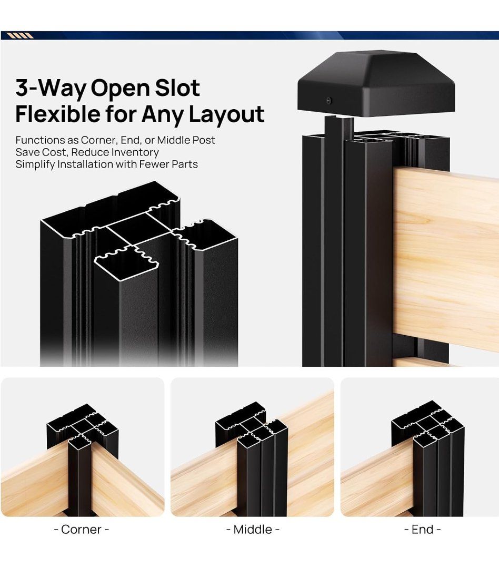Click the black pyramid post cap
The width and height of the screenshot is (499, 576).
click(x=376, y=83)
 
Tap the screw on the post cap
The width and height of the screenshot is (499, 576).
click(x=329, y=100)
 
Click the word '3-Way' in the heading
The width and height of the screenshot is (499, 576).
click(x=50, y=89)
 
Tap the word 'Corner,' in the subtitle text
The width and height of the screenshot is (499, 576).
click(x=98, y=140)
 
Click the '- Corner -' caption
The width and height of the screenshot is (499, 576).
click(x=82, y=529)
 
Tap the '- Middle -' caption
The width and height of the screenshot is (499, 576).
click(x=253, y=529)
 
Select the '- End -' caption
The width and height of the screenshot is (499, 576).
click(x=422, y=529)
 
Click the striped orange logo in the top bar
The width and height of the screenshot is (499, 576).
click(x=20, y=36)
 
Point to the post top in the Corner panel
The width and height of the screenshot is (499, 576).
click(x=83, y=426)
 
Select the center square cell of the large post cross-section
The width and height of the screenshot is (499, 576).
click(x=138, y=230)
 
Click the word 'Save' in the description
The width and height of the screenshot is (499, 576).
click(x=27, y=152)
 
